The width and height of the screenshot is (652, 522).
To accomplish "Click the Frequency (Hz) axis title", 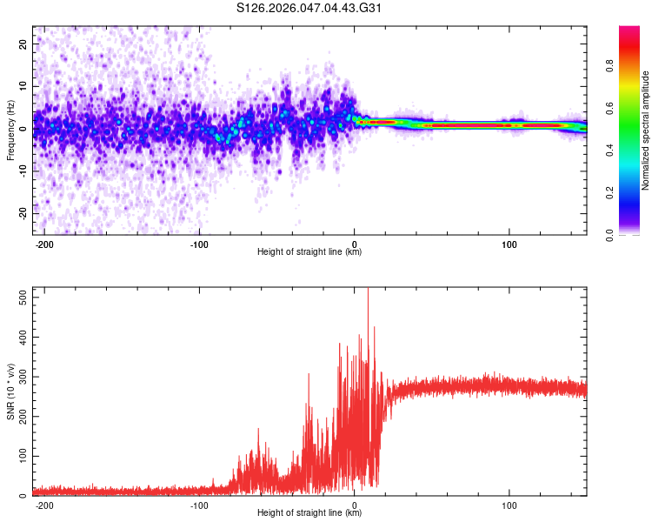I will [x=10, y=130].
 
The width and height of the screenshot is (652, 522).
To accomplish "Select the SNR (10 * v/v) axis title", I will [x=10, y=391].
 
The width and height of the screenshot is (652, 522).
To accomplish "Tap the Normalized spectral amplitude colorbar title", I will [x=646, y=130].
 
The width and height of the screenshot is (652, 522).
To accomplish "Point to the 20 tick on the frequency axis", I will [x=23, y=43].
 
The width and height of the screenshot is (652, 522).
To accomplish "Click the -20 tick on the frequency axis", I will [x=22, y=213].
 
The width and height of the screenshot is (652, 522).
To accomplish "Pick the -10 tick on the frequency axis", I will [x=22, y=171].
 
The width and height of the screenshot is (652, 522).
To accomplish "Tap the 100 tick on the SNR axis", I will [x=20, y=456].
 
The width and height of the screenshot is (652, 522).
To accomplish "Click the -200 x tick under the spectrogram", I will [x=43, y=244].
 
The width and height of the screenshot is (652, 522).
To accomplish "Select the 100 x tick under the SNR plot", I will [x=509, y=505].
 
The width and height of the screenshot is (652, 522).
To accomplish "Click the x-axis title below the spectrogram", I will [x=309, y=252].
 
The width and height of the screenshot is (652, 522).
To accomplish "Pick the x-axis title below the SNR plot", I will [x=309, y=513].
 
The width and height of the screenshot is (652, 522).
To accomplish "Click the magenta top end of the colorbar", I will [x=629, y=30].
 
